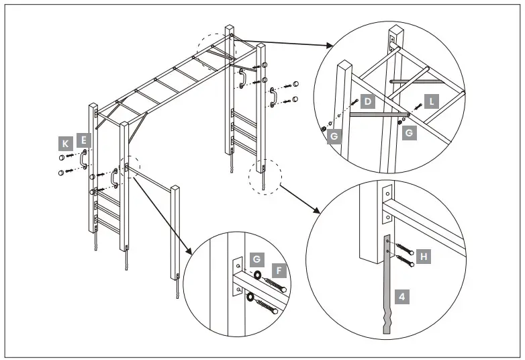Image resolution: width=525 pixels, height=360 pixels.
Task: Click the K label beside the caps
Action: (65, 144)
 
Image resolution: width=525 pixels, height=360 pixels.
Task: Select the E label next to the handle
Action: (83, 140)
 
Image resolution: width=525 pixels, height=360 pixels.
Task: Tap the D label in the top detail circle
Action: (367, 102)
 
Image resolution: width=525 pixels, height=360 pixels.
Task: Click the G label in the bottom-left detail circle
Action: (256, 259)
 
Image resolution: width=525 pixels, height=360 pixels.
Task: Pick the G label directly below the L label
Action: (409, 134)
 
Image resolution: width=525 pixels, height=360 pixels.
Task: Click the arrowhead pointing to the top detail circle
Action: (328, 46)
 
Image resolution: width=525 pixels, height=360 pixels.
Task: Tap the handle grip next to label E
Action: (84, 159)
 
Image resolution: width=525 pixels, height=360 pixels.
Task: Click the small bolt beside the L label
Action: (418, 107)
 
